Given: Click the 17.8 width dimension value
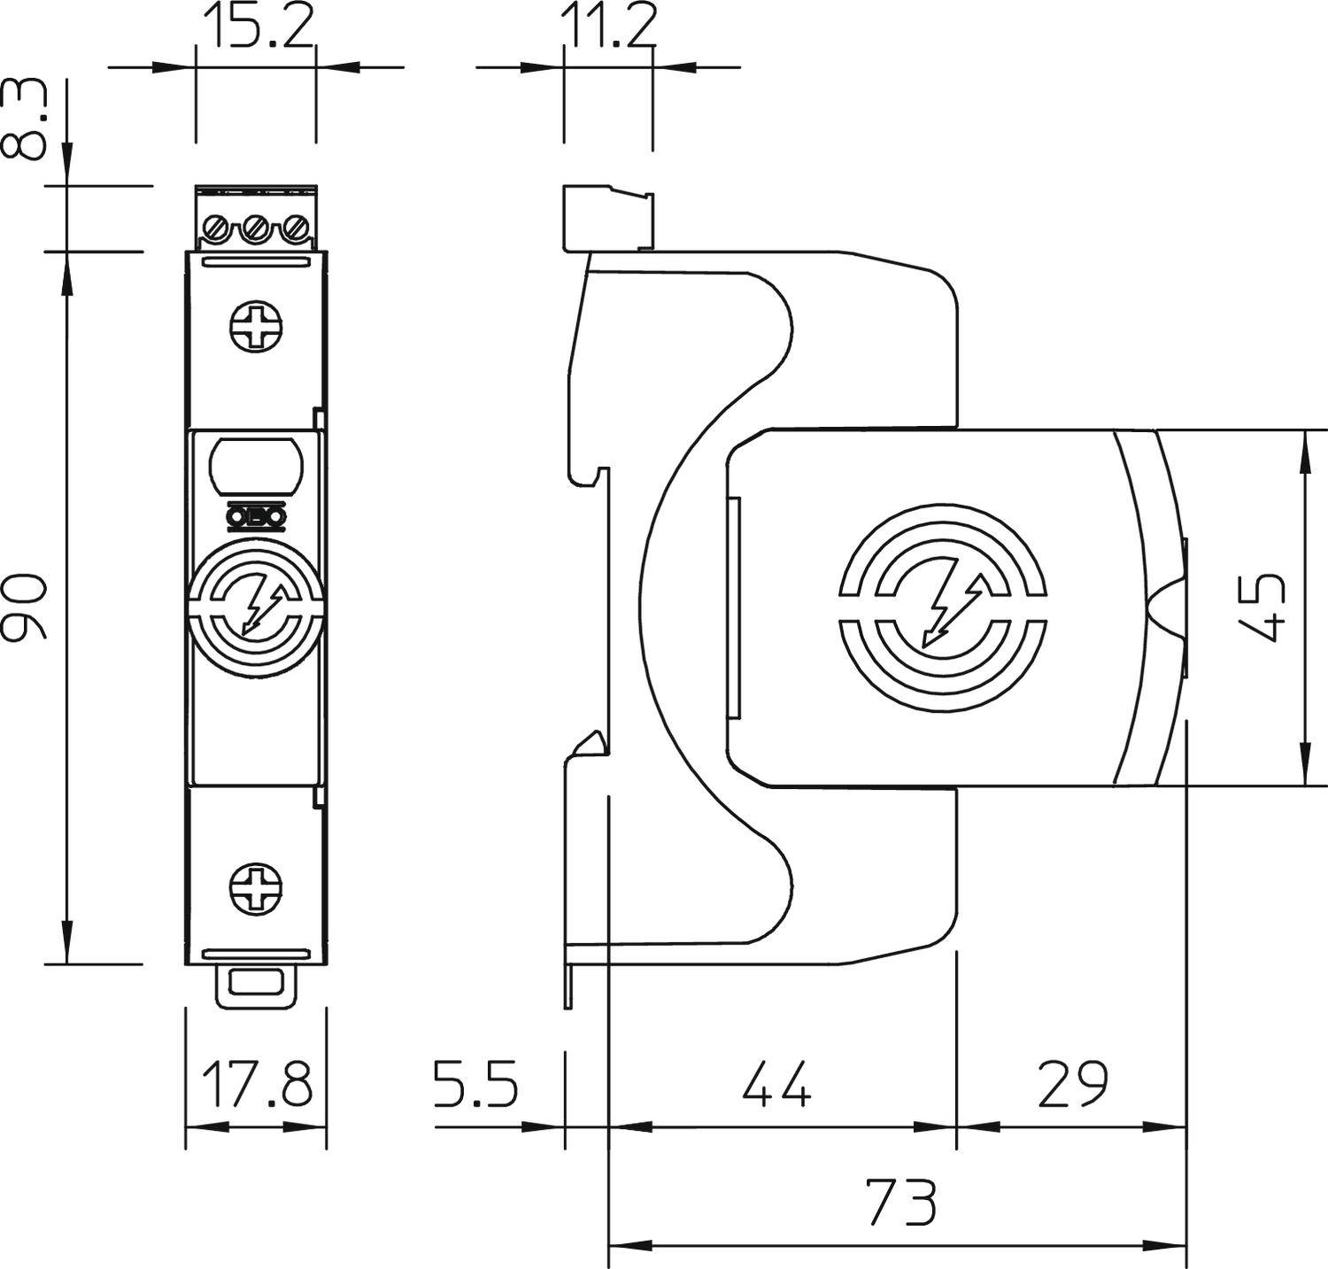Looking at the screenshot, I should tap(257, 1084).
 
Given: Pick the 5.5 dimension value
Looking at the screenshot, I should tap(475, 1084).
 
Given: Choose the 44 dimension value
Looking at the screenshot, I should tap(776, 1084).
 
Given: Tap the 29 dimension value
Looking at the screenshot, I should tap(1071, 1084).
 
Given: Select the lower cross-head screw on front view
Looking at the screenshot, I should tap(257, 889).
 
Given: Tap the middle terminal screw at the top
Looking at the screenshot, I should tap(257, 230).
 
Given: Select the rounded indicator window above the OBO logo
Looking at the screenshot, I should tap(257, 463).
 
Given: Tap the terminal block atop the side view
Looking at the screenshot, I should tap(608, 217).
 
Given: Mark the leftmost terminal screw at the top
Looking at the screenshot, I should tap(217, 230).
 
